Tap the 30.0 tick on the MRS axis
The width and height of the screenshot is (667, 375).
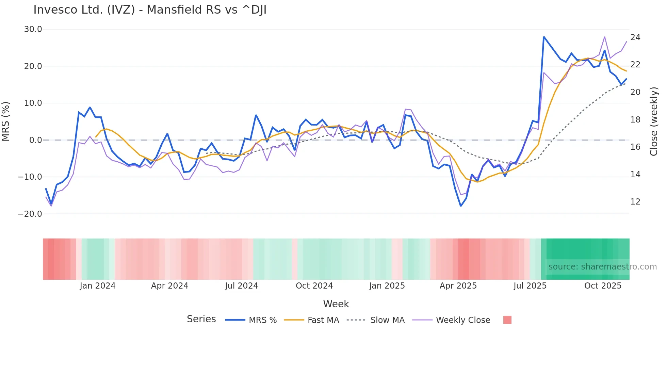point(33,29)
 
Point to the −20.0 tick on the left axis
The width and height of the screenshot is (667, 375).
point(30,214)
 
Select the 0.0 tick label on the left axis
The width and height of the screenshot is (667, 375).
point(36,140)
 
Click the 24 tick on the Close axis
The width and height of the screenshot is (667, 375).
point(635,37)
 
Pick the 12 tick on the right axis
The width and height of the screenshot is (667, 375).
point(635,202)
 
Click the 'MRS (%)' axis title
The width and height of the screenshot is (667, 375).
point(6,121)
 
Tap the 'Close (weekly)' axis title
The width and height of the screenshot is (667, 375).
point(653,121)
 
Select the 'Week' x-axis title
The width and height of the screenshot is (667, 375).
point(336,304)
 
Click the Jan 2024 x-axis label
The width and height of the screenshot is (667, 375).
point(98,286)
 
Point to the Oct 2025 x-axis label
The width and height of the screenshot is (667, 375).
point(603,286)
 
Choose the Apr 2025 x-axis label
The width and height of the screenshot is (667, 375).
point(458,286)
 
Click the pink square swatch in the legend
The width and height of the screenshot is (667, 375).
point(507,320)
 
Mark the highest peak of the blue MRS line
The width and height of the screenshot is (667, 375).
point(544,37)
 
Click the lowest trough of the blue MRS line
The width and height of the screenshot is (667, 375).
point(461,206)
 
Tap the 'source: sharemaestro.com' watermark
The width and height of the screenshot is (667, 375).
point(602,267)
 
